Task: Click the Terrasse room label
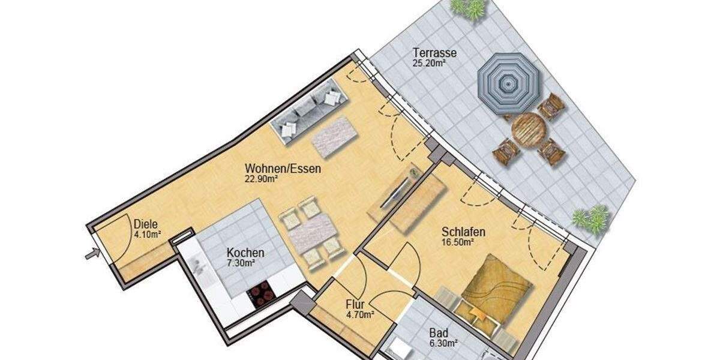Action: click(x=434, y=53)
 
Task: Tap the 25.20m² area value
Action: click(x=428, y=62)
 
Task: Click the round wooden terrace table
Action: click(x=528, y=128)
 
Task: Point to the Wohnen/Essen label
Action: click(x=283, y=169)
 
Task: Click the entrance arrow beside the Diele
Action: click(x=92, y=254)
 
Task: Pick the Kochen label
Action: click(x=245, y=253)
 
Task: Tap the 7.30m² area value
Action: click(x=241, y=263)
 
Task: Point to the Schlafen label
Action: click(x=463, y=232)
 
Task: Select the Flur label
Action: click(x=356, y=304)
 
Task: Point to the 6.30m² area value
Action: click(x=443, y=343)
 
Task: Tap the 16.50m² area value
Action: click(x=458, y=242)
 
